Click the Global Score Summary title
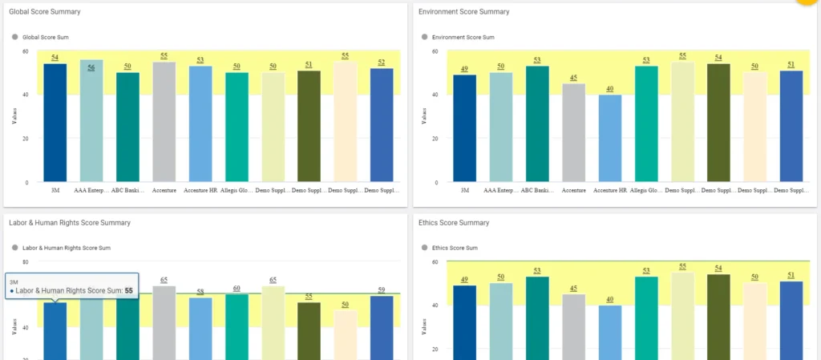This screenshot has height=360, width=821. pyautogui.click(x=44, y=12)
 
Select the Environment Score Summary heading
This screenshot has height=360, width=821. pyautogui.click(x=464, y=12)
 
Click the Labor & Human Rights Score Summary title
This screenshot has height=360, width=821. pyautogui.click(x=70, y=222)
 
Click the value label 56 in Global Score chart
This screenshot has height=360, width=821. pyautogui.click(x=91, y=67)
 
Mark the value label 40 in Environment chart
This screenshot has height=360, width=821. pyautogui.click(x=609, y=89)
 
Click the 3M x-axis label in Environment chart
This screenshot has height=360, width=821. pyautogui.click(x=464, y=191)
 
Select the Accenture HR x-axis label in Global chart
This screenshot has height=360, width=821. pyautogui.click(x=200, y=191)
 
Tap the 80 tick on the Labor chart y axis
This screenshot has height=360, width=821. pyautogui.click(x=25, y=262)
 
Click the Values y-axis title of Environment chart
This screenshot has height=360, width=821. pyautogui.click(x=425, y=117)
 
